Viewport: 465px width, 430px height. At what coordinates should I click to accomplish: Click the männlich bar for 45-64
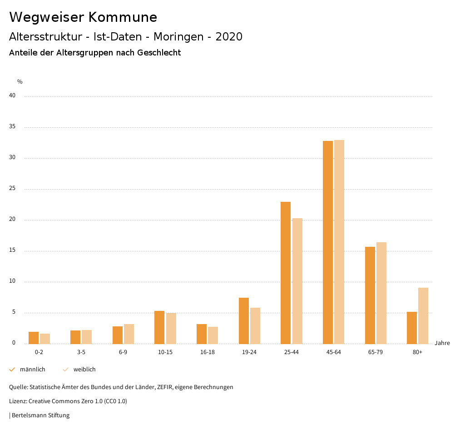[x=328, y=242]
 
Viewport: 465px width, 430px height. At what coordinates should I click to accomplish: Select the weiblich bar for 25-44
[x=297, y=281]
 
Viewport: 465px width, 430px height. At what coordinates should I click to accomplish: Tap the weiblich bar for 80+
[x=423, y=315]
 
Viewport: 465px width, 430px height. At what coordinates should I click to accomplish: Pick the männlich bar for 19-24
[x=244, y=320]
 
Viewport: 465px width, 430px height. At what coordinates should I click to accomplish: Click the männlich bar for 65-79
[x=370, y=295]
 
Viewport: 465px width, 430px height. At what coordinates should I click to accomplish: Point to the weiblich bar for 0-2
[x=45, y=339]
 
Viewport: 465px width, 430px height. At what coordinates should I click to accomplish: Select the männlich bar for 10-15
[x=159, y=327]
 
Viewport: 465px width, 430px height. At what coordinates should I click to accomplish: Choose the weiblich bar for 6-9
[x=129, y=334]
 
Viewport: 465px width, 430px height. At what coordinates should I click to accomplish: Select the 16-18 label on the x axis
[x=208, y=352]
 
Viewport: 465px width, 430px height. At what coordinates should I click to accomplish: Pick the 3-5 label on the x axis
[x=81, y=352]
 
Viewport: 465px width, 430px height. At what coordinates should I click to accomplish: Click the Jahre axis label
[x=442, y=343]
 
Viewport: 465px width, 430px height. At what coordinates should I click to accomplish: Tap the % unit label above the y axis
[x=20, y=82]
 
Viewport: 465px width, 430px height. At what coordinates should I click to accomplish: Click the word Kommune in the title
[x=123, y=17]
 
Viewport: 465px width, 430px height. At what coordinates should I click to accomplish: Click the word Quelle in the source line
[x=18, y=387]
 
